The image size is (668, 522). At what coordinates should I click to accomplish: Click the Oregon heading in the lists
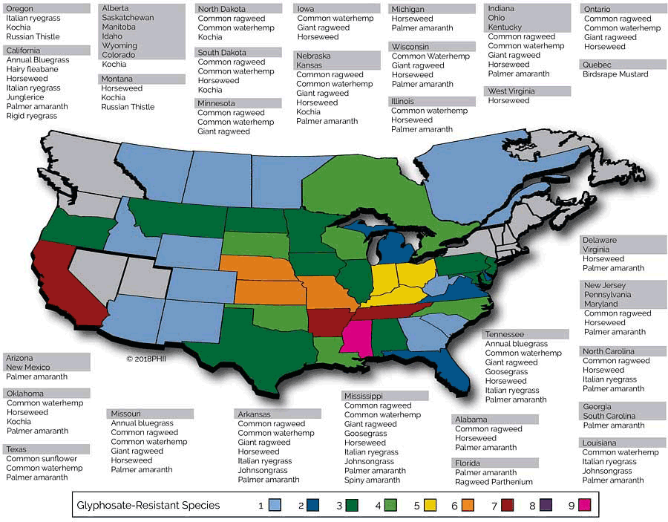pos(20,9)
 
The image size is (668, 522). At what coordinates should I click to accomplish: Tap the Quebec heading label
pos(598,65)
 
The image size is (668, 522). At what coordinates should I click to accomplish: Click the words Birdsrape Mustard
pos(615,74)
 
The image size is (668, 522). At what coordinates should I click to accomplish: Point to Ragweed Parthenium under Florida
pos(494,482)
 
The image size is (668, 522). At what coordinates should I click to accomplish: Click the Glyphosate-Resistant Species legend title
pos(148,506)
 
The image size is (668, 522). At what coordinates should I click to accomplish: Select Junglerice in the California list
pos(26,97)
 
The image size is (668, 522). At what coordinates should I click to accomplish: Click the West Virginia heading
pos(512,91)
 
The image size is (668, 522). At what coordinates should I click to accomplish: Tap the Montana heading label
pos(118,79)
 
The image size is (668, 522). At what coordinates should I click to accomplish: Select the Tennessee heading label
pos(505,334)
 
